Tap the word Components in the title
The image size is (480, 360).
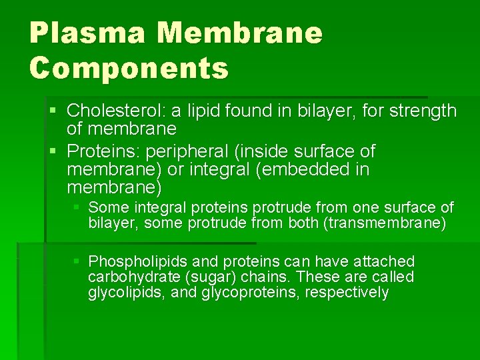click(129, 67)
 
